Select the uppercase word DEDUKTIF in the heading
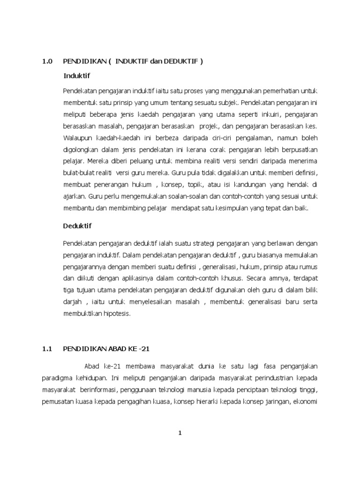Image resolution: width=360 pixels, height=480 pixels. pyautogui.click(x=180, y=61)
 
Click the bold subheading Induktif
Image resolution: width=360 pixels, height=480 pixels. pyautogui.click(x=76, y=75)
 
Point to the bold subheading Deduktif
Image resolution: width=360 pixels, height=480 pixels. pyautogui.click(x=77, y=226)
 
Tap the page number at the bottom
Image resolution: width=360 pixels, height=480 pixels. pyautogui.click(x=180, y=433)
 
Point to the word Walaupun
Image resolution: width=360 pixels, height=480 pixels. pyautogui.click(x=78, y=138)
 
